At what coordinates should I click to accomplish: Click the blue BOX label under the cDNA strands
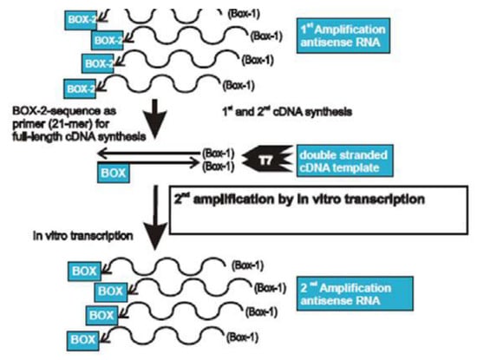click(112, 173)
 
